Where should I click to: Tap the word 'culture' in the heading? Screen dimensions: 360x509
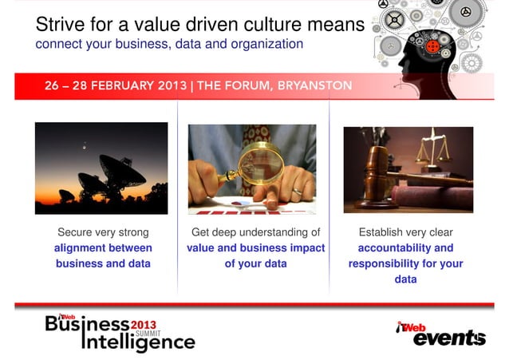pyautogui.click(x=265, y=26)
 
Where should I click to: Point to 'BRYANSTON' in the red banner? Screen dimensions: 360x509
pyautogui.click(x=314, y=86)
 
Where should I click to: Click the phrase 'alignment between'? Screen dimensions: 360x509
pyautogui.click(x=103, y=248)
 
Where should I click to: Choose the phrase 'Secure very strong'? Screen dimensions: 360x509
pyautogui.click(x=103, y=232)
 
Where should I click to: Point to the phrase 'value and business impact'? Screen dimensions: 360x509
pyautogui.click(x=255, y=248)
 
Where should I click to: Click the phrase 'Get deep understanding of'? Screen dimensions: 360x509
pyautogui.click(x=255, y=232)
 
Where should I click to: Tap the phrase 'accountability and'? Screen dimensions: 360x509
pyautogui.click(x=405, y=248)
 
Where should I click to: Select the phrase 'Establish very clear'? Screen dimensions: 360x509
pyautogui.click(x=405, y=232)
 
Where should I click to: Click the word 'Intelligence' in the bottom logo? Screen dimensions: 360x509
pyautogui.click(x=138, y=342)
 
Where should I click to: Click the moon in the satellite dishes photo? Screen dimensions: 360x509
pyautogui.click(x=85, y=144)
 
